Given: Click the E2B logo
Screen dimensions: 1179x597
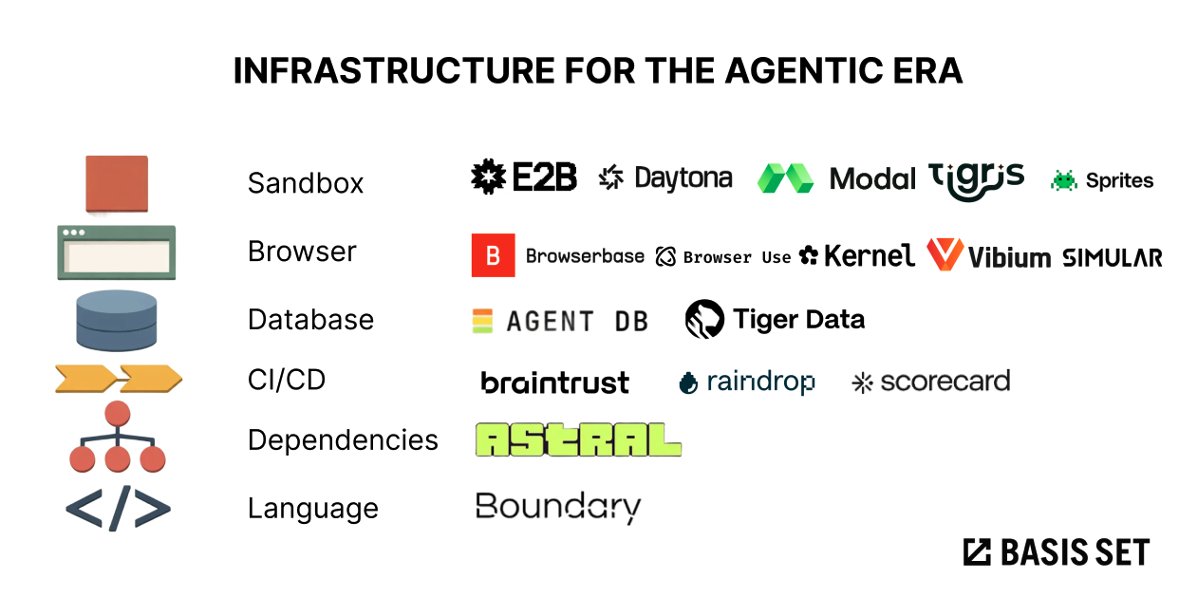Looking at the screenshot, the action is point(524,177).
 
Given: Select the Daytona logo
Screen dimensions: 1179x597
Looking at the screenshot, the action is point(665,177).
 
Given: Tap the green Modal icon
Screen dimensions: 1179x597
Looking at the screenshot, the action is point(785,178).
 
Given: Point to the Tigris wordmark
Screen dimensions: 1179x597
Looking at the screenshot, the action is point(977,178).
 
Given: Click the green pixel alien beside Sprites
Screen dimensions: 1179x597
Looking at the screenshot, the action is point(1063,180).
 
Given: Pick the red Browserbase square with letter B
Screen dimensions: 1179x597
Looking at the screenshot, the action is point(493,255).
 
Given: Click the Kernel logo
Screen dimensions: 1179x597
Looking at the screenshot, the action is point(857,255).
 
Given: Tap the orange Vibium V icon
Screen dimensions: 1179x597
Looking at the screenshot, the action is point(945,254).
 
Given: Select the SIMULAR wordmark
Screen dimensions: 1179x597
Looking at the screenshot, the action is point(1112,257).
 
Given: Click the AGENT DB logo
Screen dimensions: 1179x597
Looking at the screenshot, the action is point(560,322).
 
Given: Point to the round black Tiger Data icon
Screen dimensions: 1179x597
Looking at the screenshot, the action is point(704,320).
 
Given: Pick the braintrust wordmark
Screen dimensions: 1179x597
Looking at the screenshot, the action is point(555,382).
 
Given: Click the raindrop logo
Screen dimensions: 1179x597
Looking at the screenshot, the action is point(747,382).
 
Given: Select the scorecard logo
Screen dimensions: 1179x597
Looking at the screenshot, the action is point(931,382).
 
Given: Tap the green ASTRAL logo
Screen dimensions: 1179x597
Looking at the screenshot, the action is point(578,439).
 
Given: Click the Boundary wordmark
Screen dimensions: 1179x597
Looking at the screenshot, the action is point(558,508).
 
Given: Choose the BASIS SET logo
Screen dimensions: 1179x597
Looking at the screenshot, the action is point(1056,552).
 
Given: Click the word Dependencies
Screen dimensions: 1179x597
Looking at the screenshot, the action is point(343,440).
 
